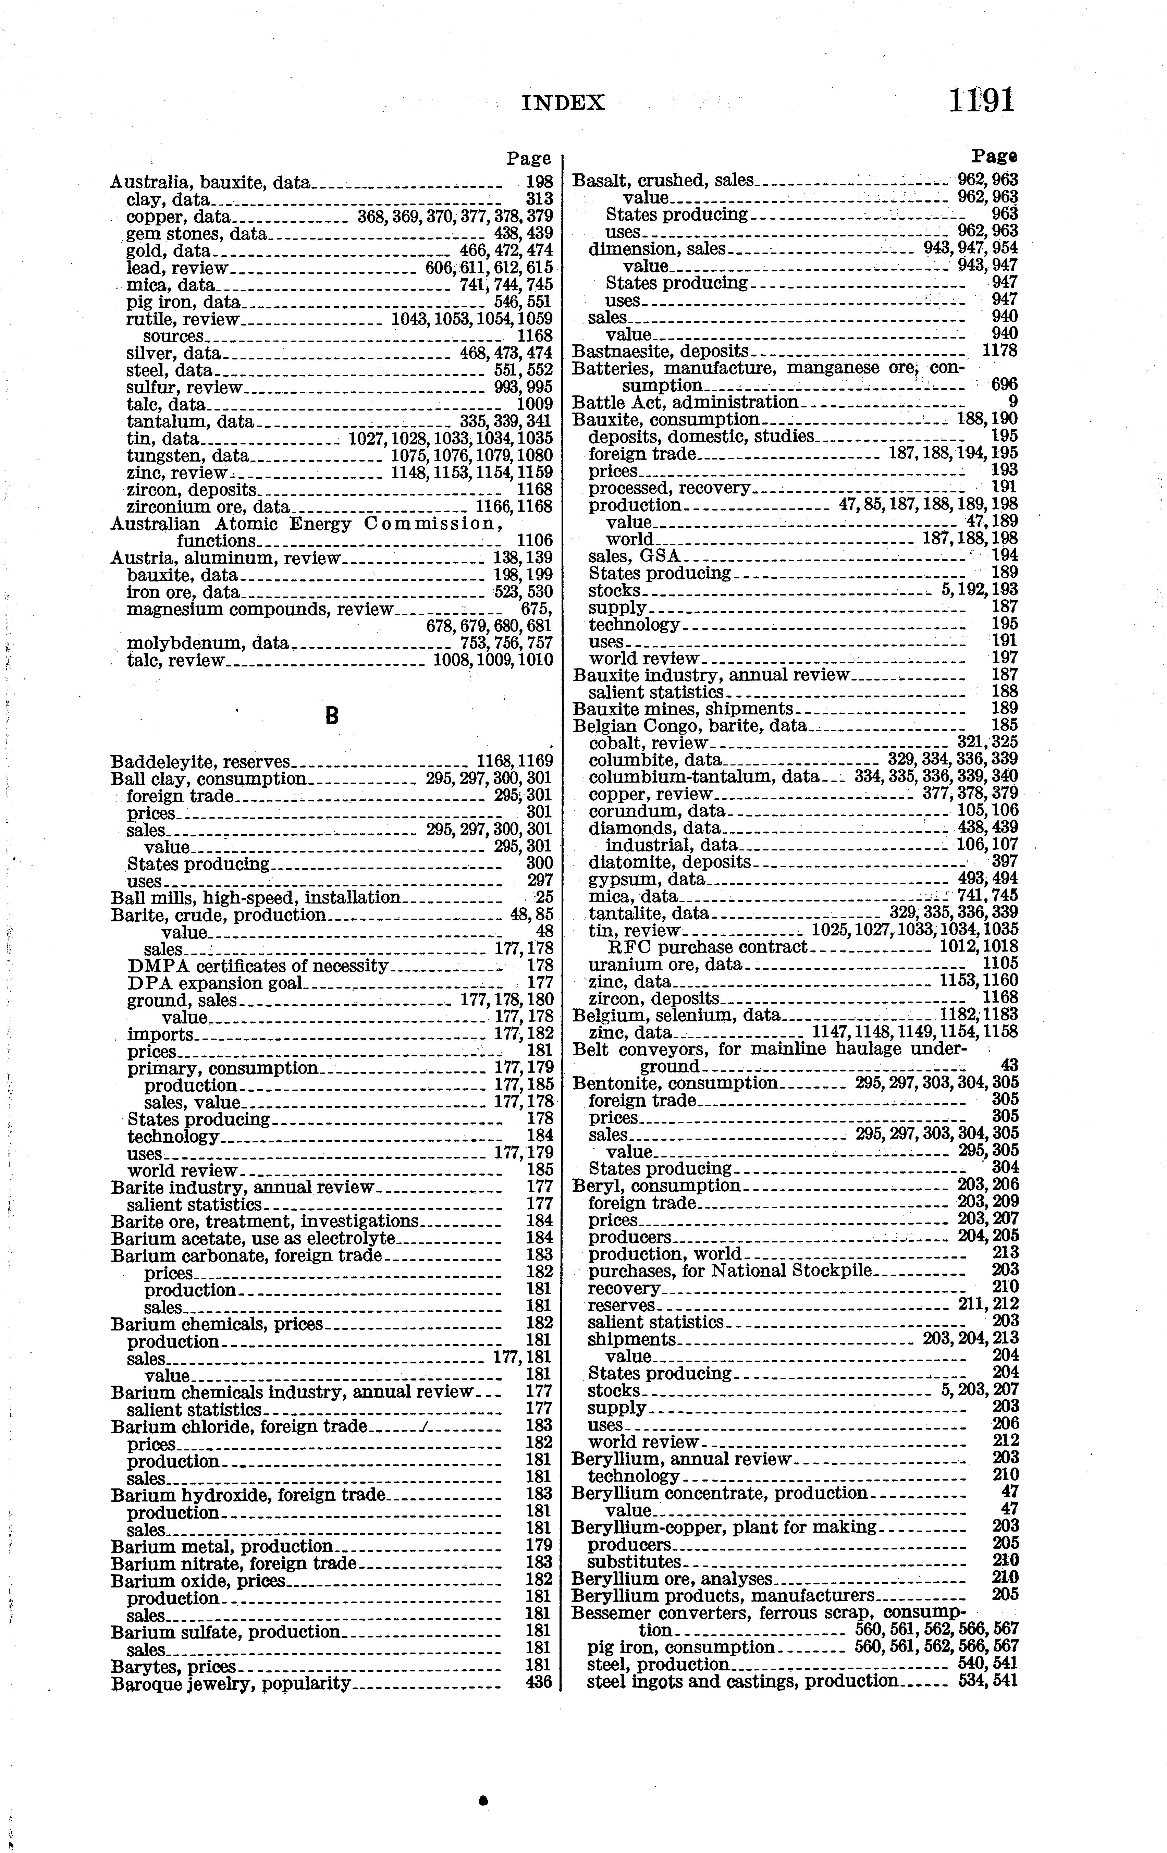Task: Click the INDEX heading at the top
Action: click(x=563, y=103)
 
